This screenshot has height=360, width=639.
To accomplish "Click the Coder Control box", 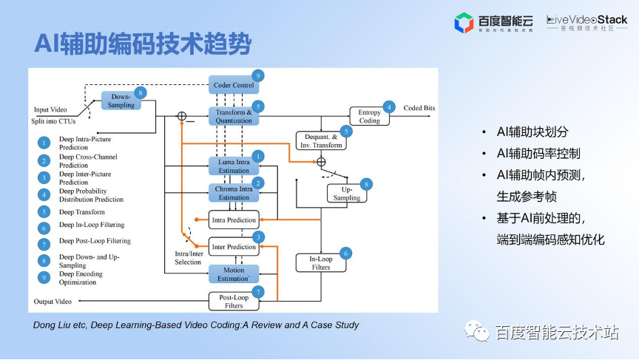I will [x=234, y=85].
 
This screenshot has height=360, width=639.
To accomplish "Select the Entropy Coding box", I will [x=369, y=116].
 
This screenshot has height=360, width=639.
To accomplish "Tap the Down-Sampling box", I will [x=121, y=101].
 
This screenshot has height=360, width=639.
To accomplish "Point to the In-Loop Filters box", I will [x=320, y=262].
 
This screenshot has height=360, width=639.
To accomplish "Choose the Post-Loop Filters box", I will [x=234, y=301].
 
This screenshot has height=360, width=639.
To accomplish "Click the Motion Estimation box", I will [x=234, y=274].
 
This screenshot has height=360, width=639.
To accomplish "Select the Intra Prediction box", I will [x=234, y=220].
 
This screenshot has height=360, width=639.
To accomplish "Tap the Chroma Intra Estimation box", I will [x=234, y=193].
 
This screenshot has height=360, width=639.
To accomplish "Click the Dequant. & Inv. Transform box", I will [x=320, y=140].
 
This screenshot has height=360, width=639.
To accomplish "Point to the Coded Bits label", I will [x=419, y=108].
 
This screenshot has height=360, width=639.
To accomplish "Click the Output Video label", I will [x=53, y=302].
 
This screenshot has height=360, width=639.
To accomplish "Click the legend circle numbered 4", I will [x=44, y=195].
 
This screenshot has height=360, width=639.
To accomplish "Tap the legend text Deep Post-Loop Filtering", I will [x=95, y=241].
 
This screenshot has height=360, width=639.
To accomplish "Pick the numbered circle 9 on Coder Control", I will [x=257, y=75].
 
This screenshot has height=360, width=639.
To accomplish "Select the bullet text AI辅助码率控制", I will [x=538, y=154].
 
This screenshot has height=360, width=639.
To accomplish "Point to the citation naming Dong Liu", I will [x=196, y=325].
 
